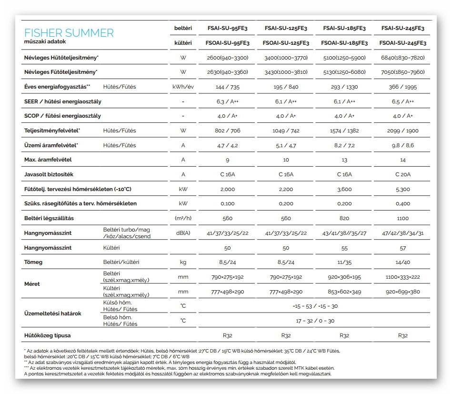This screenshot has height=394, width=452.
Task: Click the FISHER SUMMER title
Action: click(x=69, y=33)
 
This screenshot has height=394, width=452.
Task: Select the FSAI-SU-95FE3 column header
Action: click(x=227, y=29)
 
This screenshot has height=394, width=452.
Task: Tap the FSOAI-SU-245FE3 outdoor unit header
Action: click(x=402, y=43)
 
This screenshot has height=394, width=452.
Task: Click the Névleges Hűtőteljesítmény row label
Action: click(x=61, y=58)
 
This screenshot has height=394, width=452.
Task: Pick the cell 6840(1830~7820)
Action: click(x=402, y=58)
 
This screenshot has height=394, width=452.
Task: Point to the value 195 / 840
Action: click(x=286, y=87)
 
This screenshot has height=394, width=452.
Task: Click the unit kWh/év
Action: click(x=183, y=87)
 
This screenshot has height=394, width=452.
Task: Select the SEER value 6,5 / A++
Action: click(x=402, y=101)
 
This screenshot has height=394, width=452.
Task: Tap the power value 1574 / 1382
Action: click(x=344, y=131)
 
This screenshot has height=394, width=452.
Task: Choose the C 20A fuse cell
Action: click(x=402, y=174)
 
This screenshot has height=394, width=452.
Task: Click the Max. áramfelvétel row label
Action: click(x=48, y=160)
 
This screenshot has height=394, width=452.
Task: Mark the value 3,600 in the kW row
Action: click(x=344, y=189)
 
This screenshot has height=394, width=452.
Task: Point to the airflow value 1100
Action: click(x=402, y=218)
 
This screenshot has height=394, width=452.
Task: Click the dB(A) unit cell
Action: click(x=183, y=233)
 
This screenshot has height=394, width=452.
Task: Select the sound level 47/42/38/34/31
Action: click(x=402, y=233)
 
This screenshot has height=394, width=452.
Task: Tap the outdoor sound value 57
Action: click(x=402, y=248)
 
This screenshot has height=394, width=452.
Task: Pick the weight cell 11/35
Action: click(x=344, y=263)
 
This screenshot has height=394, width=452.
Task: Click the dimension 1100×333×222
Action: click(x=402, y=277)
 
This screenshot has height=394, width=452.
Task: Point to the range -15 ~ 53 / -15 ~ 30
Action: click(x=315, y=306)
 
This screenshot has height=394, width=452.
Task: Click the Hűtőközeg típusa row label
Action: click(x=47, y=335)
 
